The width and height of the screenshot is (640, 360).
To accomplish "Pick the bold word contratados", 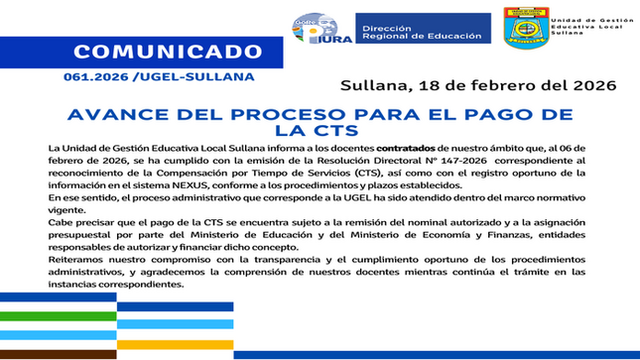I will pyautogui.click(x=411, y=147).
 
